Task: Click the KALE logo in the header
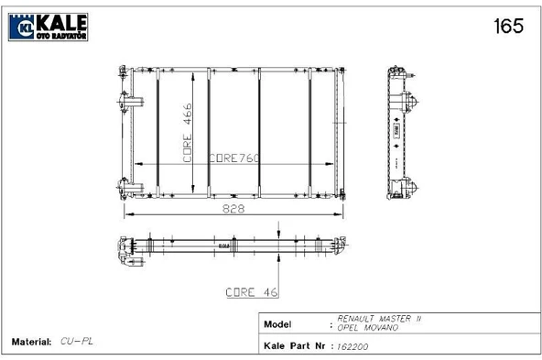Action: click(x=48, y=27)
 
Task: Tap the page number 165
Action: click(x=508, y=26)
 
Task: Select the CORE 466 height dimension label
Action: click(x=188, y=133)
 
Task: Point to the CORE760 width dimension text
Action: click(x=234, y=158)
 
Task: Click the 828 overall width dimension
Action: click(x=233, y=209)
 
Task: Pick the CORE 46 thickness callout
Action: click(x=252, y=292)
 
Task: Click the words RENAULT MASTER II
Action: click(x=379, y=318)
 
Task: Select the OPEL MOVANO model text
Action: click(x=367, y=327)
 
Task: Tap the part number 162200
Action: click(x=352, y=346)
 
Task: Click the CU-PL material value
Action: click(x=77, y=342)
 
